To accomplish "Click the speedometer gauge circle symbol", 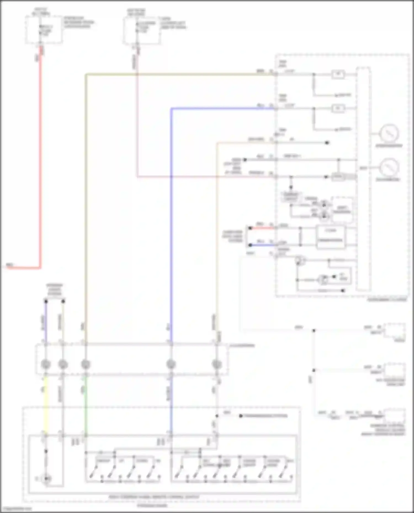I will click(x=389, y=133).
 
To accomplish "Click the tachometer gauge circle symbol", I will click(x=389, y=168).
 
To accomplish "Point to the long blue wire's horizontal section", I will click(x=221, y=109).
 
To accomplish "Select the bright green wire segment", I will click(x=86, y=402).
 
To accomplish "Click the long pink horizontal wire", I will click(x=204, y=177).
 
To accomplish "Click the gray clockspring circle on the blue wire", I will click(x=171, y=364).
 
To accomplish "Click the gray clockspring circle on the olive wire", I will click(x=86, y=364).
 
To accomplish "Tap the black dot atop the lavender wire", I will click(x=46, y=301).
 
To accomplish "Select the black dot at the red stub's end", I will click(x=250, y=228).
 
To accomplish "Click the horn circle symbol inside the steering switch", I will click(x=46, y=479).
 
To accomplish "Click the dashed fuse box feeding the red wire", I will click(x=44, y=29).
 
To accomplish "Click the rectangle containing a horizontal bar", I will click(x=330, y=237).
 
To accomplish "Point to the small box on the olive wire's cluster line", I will click(x=338, y=74).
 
